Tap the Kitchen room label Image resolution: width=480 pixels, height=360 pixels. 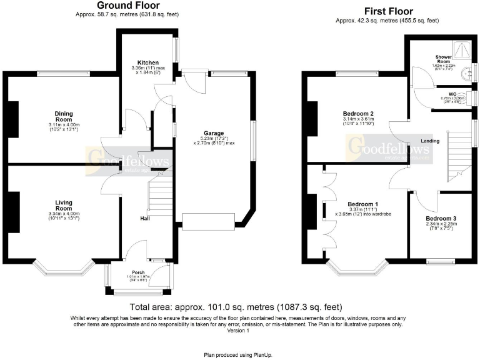pyautogui.click(x=148, y=62)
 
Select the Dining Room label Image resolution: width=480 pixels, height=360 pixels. pyautogui.click(x=63, y=116)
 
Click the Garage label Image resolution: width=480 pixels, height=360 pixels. pyautogui.click(x=214, y=133)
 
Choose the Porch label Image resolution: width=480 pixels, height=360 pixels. pyautogui.click(x=139, y=273)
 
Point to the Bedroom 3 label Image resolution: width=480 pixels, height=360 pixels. pyautogui.click(x=436, y=218)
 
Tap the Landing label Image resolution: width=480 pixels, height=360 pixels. pyautogui.click(x=431, y=141)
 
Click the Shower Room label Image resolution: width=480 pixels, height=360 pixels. pyautogui.click(x=443, y=60)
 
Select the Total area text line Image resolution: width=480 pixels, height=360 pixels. pyautogui.click(x=236, y=307)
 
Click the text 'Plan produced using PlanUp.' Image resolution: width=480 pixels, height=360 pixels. pyautogui.click(x=240, y=354)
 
